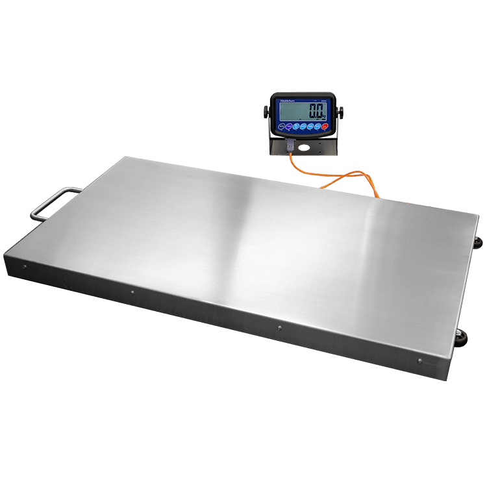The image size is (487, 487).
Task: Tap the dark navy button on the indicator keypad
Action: coord(281,126)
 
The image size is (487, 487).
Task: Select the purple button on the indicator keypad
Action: coord(289,126)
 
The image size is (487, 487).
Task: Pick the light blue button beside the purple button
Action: coord(296,126)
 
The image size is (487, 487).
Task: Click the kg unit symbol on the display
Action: coord(325,116)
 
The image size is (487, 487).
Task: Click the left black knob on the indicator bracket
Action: coord(266,112)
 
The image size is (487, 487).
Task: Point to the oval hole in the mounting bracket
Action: coord(304,147)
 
